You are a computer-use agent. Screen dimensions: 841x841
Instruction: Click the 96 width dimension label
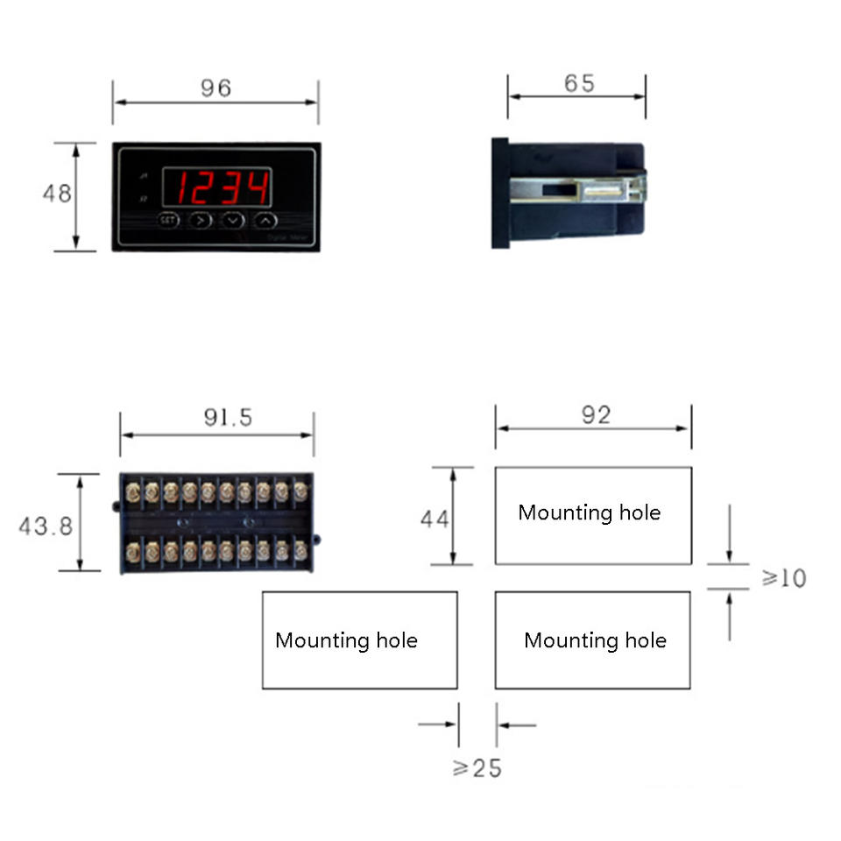coord(216,88)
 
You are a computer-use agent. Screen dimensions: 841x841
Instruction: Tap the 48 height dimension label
coord(58,194)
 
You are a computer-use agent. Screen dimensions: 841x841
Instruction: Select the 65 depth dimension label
coord(579,83)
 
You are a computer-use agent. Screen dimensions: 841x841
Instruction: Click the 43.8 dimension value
coord(46,526)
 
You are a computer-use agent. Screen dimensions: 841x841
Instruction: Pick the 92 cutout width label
coord(596,415)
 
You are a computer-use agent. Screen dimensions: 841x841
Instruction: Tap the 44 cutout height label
coord(435,519)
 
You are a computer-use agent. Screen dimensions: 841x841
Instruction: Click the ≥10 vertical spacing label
coord(782,578)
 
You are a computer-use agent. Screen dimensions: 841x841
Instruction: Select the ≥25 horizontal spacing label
coord(477,768)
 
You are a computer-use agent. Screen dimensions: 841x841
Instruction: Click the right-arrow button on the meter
coord(201,220)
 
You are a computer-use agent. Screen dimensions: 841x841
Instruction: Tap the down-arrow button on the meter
coord(233,220)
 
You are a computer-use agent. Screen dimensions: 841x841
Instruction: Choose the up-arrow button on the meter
coord(266,220)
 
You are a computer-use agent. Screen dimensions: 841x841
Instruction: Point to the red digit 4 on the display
coord(257,187)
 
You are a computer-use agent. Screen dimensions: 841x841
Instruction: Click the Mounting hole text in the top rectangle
coord(589,512)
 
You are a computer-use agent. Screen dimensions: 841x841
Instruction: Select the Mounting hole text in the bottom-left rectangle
coord(346,640)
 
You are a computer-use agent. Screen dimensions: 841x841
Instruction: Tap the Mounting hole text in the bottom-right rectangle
coord(595,640)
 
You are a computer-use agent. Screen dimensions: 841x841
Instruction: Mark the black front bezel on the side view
coord(500,193)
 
